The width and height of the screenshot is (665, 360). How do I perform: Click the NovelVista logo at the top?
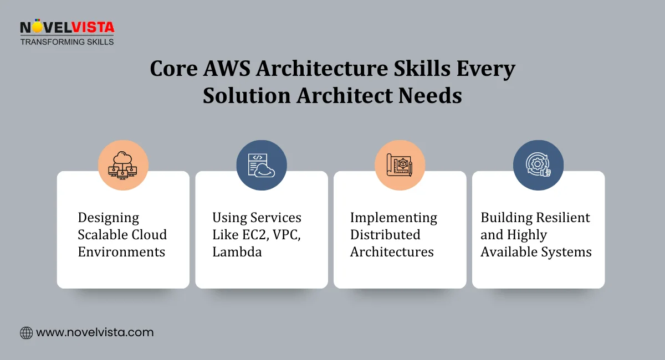(x=66, y=27)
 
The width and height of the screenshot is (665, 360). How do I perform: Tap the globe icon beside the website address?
(x=26, y=333)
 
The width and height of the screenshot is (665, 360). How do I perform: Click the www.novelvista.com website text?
(x=95, y=333)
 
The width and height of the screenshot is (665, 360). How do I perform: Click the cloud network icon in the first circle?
(x=123, y=165)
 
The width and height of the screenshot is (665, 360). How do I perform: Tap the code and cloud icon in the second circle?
(x=262, y=165)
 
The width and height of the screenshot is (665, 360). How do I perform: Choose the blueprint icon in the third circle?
(x=400, y=165)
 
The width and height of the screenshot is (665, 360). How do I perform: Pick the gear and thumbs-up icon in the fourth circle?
(x=538, y=165)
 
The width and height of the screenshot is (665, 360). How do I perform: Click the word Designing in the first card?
(x=109, y=218)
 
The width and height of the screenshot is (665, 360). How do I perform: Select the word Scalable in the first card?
(x=103, y=235)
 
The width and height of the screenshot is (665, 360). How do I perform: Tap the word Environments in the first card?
(x=121, y=252)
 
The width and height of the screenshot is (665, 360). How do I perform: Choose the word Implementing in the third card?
(x=393, y=218)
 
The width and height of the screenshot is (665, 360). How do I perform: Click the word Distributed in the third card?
(x=385, y=235)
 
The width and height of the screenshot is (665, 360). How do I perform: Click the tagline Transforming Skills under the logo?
(x=67, y=42)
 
